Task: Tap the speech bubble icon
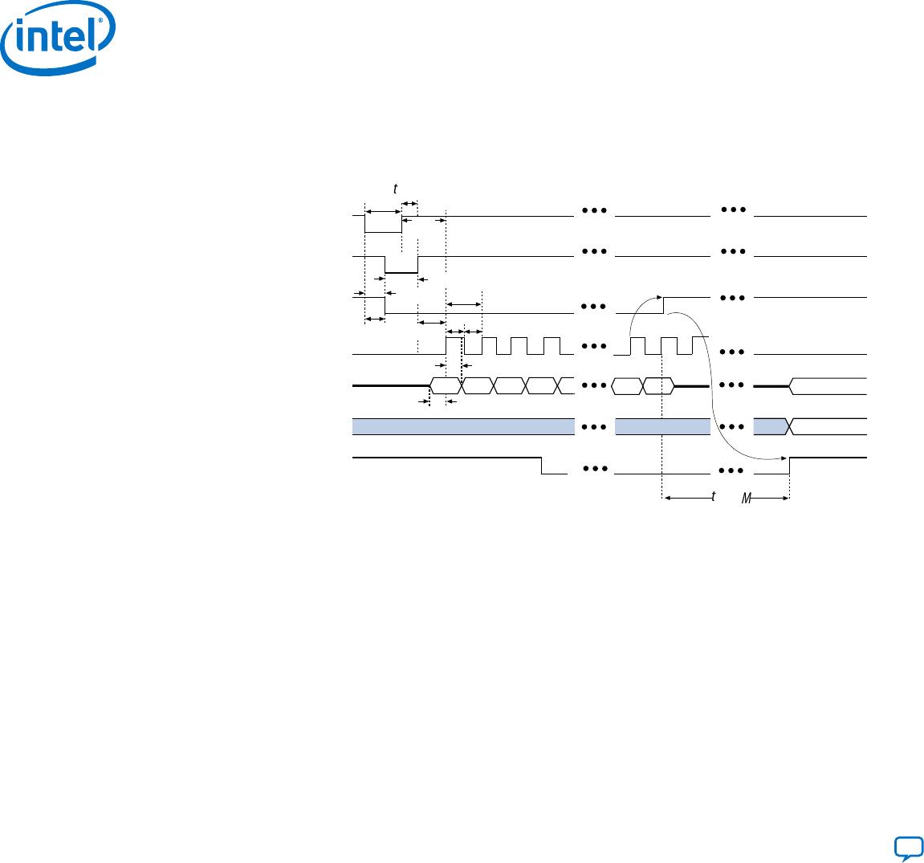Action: tap(908, 848)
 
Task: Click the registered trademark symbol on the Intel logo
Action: tap(101, 22)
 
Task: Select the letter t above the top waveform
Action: tap(395, 189)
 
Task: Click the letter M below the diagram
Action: tap(746, 499)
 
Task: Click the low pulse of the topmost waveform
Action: tap(383, 232)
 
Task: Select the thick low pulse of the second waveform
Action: tap(401, 273)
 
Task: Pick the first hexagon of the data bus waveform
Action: tap(446, 385)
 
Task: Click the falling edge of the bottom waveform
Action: tap(542, 466)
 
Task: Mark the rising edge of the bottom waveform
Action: tap(790, 466)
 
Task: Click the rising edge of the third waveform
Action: tap(663, 305)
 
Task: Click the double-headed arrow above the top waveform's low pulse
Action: tap(383, 211)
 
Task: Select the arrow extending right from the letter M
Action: tap(771, 499)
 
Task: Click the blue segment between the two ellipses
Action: tap(662, 426)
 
